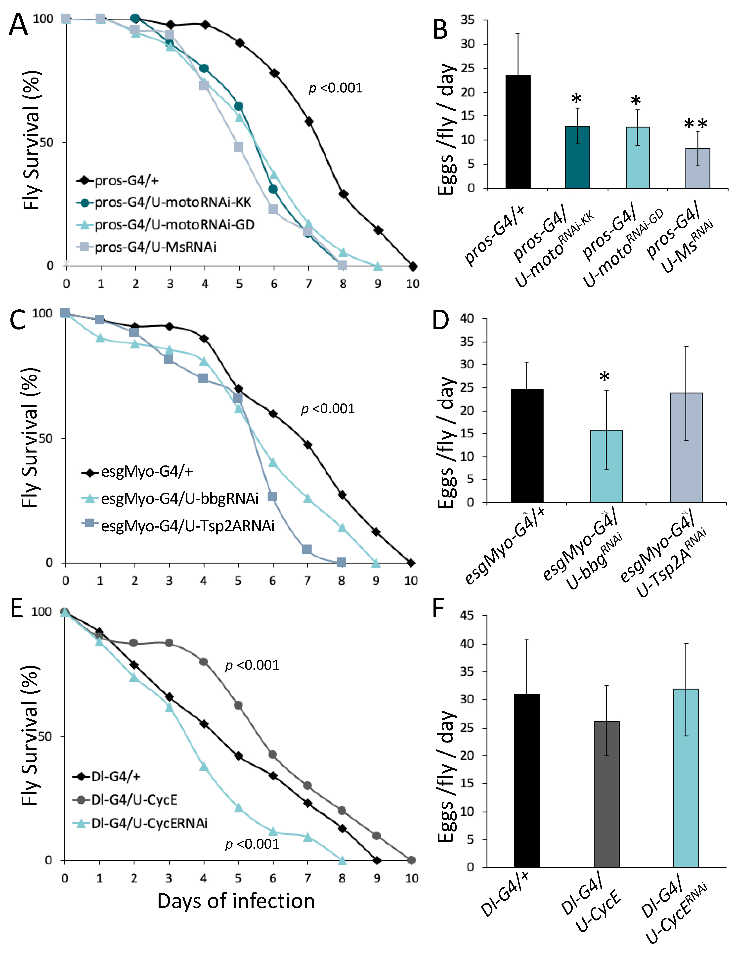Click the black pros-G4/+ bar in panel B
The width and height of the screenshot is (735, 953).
[x=518, y=131]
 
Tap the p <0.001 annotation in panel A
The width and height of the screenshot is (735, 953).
[x=336, y=88]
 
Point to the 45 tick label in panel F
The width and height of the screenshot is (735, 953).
[x=468, y=616]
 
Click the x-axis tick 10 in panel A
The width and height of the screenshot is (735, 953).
[x=412, y=284]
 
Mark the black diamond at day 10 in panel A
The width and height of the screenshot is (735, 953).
[x=412, y=266]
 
